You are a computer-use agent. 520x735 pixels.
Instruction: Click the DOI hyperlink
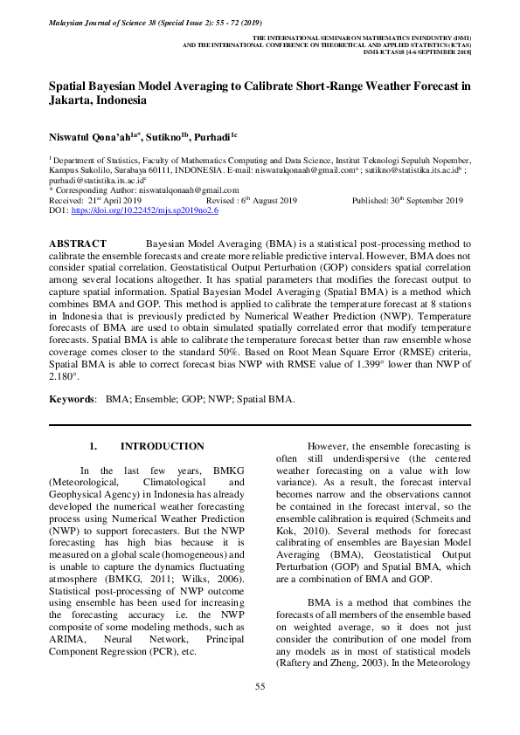click(144, 211)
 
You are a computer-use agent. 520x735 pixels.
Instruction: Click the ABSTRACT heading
click(78, 244)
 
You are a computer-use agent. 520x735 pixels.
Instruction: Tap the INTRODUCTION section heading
click(162, 446)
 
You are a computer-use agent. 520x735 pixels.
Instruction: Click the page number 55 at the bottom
click(260, 687)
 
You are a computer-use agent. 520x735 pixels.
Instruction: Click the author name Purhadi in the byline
click(213, 137)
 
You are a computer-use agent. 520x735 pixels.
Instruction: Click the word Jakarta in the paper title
click(73, 100)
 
